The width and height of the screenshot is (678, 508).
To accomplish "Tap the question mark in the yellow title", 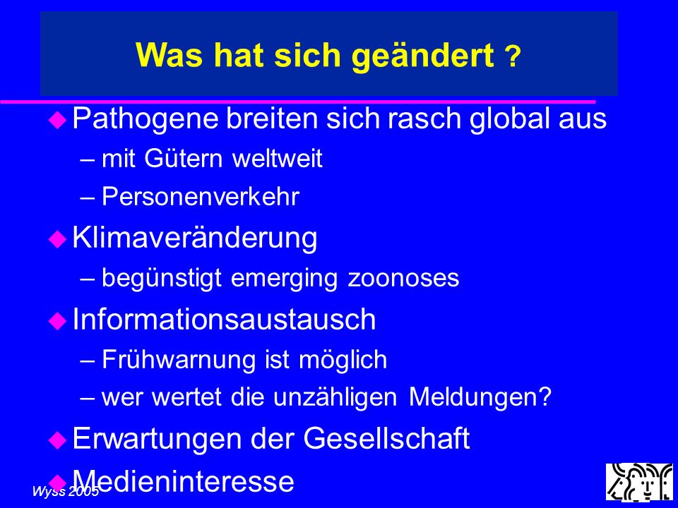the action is [x=513, y=56].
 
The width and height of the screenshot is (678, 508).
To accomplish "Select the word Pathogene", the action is [x=145, y=119].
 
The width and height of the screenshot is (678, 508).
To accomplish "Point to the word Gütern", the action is [x=184, y=158].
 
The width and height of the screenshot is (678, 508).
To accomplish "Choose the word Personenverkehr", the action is [x=200, y=197].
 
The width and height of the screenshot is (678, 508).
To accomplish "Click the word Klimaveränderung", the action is [x=195, y=238].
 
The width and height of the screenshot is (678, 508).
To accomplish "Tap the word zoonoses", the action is [x=403, y=278].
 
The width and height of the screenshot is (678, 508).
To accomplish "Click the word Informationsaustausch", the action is [x=224, y=319].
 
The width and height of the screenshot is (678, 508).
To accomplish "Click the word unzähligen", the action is [x=335, y=397].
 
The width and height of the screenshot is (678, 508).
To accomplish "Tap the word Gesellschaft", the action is [x=386, y=438].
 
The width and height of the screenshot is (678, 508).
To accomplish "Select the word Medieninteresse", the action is [x=184, y=480].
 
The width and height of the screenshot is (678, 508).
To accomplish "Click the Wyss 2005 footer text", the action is [x=66, y=491].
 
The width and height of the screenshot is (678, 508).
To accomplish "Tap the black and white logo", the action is [x=640, y=482].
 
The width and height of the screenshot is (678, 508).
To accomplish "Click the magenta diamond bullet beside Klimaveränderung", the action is [x=57, y=238].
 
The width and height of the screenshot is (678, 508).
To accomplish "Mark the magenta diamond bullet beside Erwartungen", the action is [x=57, y=440].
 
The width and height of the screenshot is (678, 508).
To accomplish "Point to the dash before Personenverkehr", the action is [x=88, y=198].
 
